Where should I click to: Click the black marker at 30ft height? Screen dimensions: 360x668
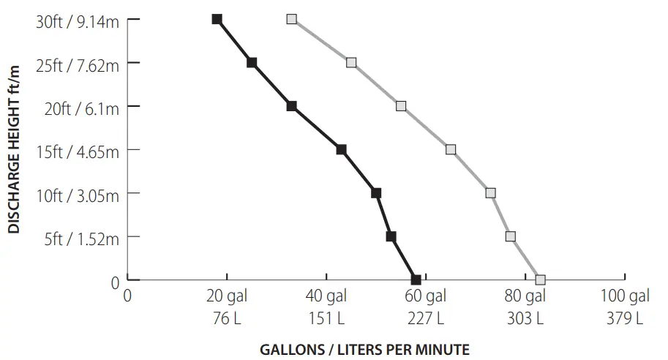(217, 19)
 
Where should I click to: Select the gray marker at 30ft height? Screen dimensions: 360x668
(292, 19)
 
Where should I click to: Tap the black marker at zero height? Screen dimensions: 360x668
(416, 280)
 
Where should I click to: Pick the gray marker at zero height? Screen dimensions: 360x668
(540, 280)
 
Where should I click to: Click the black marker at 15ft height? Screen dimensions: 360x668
(341, 149)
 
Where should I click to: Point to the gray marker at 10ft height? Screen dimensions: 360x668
(490, 193)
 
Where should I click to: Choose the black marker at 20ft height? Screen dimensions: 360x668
(291, 106)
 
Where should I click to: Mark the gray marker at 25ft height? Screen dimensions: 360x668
(351, 63)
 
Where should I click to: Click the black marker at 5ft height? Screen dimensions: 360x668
(391, 236)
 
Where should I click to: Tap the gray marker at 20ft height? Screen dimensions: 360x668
(401, 106)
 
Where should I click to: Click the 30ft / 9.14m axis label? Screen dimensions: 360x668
(77, 20)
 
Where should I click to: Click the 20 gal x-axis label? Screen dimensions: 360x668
(226, 296)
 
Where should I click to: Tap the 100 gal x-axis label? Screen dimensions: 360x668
(624, 296)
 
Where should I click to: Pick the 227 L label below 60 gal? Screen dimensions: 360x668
(425, 318)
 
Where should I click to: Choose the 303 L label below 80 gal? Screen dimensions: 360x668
(525, 318)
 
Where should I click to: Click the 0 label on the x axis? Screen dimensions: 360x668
(127, 296)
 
